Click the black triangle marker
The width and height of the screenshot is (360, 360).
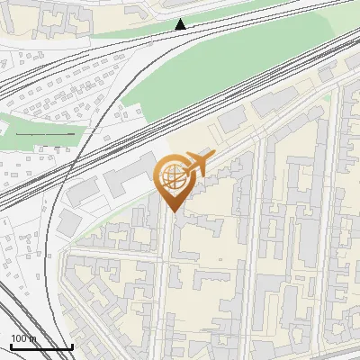point(180,24)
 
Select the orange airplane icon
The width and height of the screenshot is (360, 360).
point(196,165)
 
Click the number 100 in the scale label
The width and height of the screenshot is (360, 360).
point(20,338)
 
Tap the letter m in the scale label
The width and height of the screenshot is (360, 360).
point(33,338)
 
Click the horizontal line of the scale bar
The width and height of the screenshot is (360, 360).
point(41,346)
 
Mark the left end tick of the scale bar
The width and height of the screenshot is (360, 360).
point(11,346)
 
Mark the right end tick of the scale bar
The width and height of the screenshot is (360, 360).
point(72,346)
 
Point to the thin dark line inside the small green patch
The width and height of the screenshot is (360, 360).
point(45,134)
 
